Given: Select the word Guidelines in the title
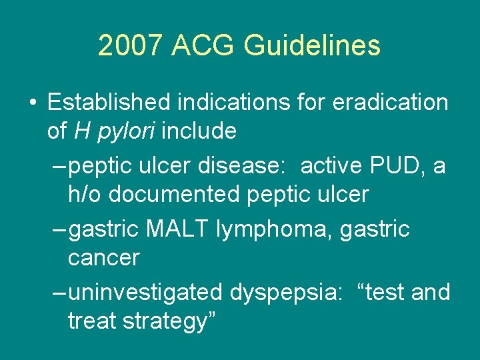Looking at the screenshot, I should pyautogui.click(x=312, y=46).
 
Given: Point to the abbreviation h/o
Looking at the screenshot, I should pyautogui.click(x=86, y=194).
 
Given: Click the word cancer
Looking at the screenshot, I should pyautogui.click(x=103, y=257).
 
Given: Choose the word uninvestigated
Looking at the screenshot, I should pyautogui.click(x=146, y=292).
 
